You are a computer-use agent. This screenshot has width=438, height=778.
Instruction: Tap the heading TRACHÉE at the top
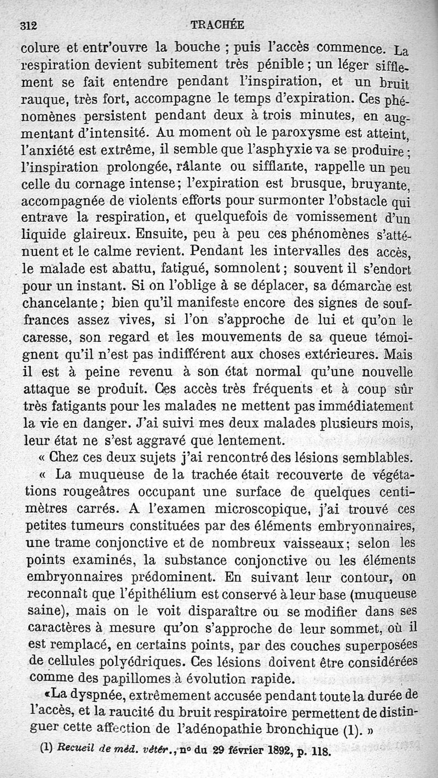click(x=217, y=25)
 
